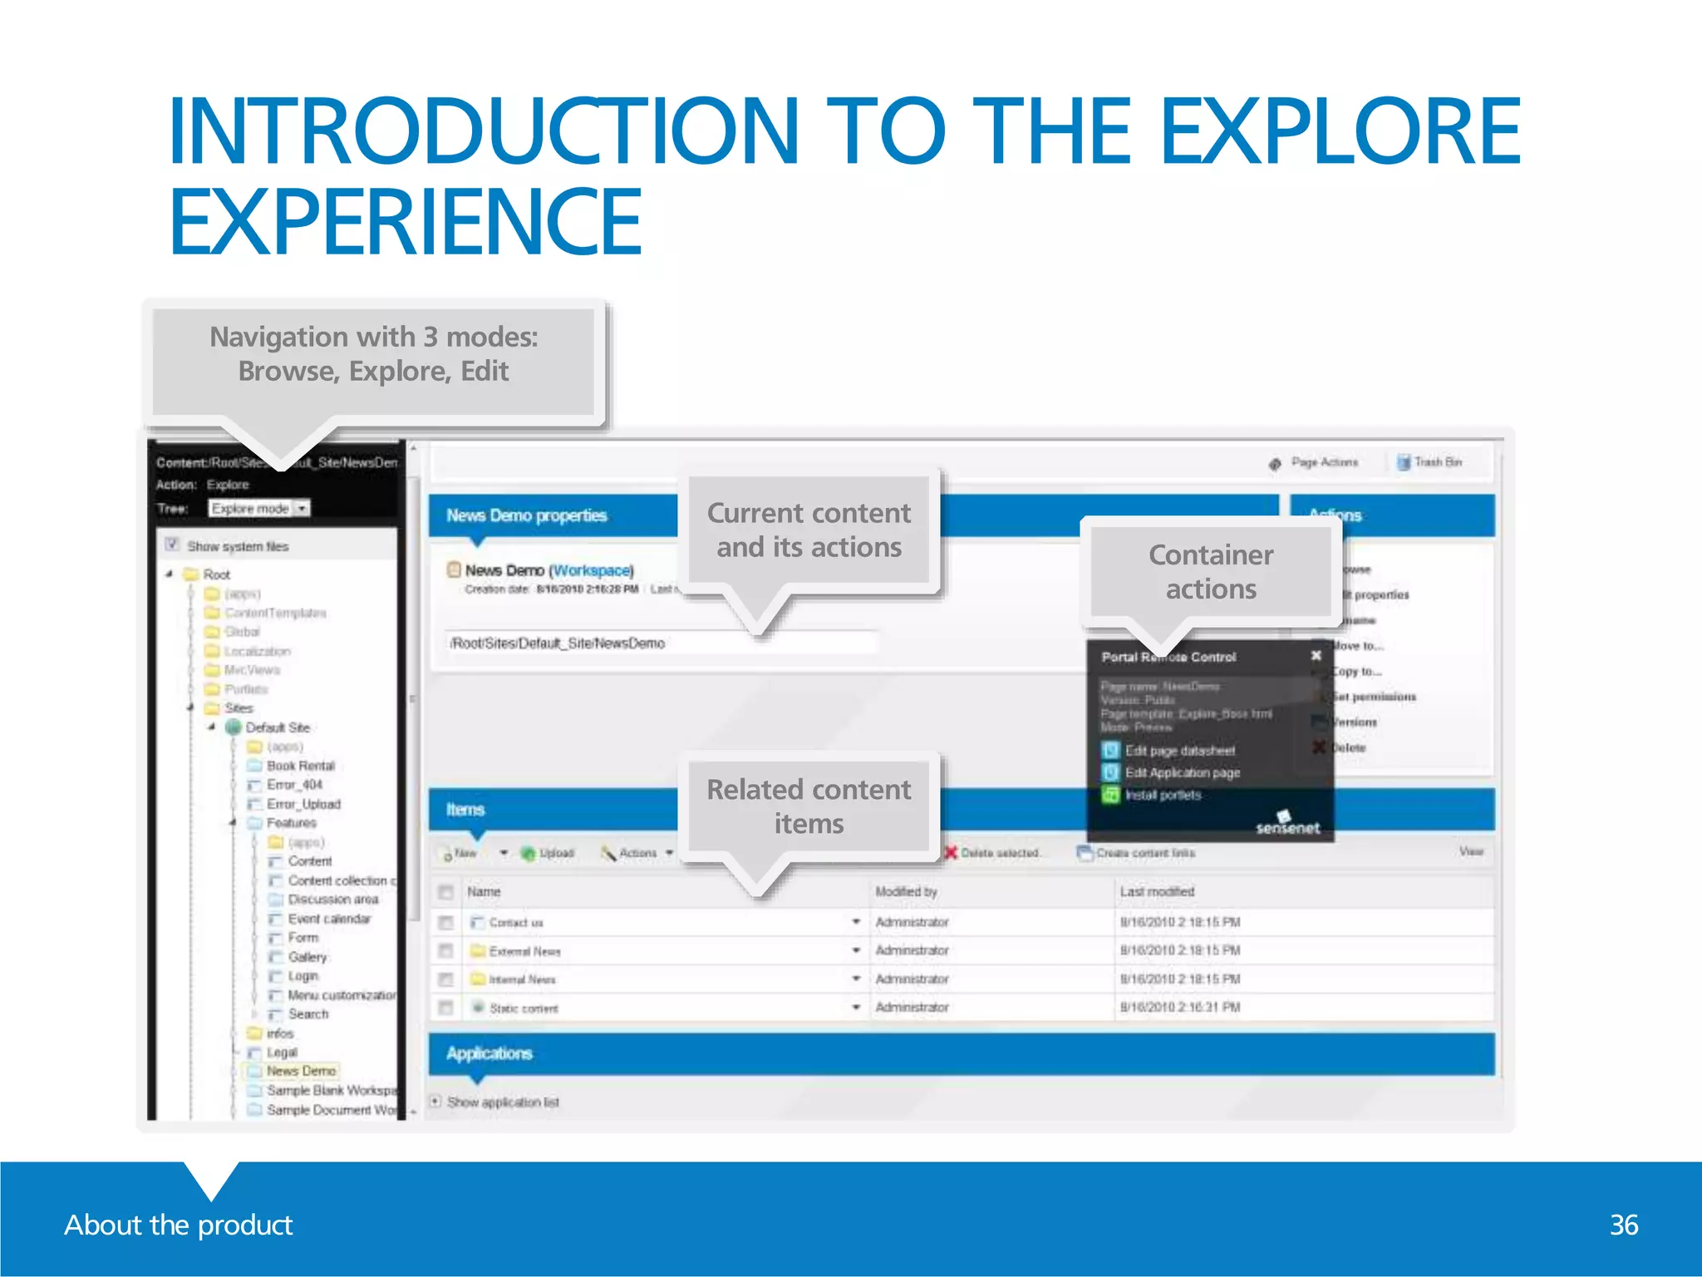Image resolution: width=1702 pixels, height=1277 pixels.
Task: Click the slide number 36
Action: coord(1623,1225)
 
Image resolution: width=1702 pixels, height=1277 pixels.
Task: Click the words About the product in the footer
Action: coord(179,1225)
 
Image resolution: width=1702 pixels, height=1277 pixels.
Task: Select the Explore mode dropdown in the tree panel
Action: coord(258,508)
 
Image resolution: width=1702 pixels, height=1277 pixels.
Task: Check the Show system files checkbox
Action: coord(172,545)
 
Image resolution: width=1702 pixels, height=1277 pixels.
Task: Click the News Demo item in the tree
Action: coord(301,1071)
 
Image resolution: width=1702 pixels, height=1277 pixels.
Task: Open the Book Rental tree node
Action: coord(300,765)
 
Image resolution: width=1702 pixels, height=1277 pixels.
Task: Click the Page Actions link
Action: coord(1323,462)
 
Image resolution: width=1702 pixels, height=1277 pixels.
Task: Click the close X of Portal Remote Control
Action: coord(1316,655)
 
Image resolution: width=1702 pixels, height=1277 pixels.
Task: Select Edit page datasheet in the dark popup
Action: coord(1179,750)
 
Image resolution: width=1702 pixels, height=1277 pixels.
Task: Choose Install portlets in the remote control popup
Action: coord(1163,795)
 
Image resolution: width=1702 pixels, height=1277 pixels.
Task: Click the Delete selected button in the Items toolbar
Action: coord(999,853)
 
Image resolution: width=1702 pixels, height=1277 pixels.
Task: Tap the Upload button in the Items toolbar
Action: coord(555,853)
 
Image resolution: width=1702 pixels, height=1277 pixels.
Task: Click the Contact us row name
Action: coord(515,922)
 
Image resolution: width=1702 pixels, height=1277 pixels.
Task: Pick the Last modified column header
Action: coord(1156,891)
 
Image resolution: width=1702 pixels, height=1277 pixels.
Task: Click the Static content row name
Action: coord(524,1008)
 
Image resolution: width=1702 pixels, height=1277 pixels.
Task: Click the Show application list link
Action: coord(502,1102)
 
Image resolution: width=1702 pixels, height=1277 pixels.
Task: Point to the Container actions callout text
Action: coord(1210,571)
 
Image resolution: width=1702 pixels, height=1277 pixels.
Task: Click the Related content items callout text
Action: coord(809,806)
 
